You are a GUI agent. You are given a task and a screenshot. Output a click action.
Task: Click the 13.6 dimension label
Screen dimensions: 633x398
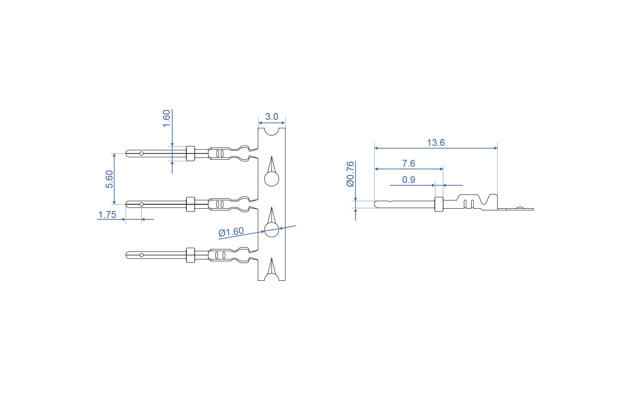point(436,143)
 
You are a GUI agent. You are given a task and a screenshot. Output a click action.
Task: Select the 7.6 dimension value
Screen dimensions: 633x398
point(409,164)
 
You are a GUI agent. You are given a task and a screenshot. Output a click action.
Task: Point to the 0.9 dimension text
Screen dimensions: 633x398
point(409,180)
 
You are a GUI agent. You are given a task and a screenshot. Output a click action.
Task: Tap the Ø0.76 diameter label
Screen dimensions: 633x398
point(351,174)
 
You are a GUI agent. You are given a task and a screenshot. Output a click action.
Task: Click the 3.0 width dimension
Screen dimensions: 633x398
point(272,117)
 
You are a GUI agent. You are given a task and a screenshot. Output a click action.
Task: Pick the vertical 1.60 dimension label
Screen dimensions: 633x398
point(167,119)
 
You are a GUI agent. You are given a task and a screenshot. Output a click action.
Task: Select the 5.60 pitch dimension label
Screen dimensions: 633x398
point(109,179)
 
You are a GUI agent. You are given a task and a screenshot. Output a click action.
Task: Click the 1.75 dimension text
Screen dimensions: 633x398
point(107,215)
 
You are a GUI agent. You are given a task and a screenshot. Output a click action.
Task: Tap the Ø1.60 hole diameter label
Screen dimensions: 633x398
point(231,232)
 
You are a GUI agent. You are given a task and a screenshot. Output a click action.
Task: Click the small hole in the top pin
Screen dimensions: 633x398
point(141,154)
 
